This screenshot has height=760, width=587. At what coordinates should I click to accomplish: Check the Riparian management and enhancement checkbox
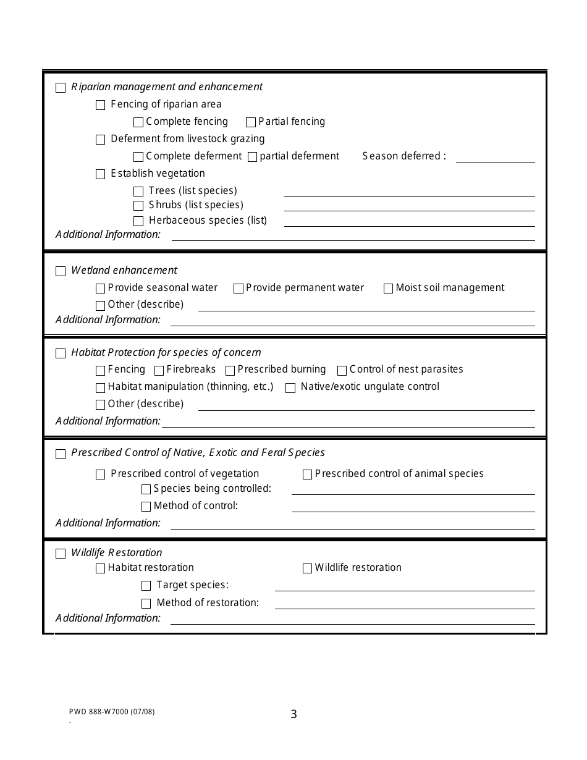pos(61,88)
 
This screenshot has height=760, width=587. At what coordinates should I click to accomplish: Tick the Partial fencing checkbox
pos(251,122)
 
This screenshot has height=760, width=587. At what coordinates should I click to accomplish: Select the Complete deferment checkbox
pos(138,157)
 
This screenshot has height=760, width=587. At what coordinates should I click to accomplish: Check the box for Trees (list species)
pos(138,192)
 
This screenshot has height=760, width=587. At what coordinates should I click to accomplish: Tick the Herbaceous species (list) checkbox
pos(138,221)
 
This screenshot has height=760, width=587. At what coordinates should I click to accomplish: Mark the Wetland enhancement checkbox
pos(61,271)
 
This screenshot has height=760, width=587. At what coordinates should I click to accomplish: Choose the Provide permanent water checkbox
pos(239,289)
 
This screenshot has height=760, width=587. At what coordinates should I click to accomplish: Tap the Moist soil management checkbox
pos(388,289)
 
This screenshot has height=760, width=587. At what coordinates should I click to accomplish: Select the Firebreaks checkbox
pos(159,371)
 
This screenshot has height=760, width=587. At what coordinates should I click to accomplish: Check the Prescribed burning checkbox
pos(230,371)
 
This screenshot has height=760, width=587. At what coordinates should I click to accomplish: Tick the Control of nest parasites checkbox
pos(342,371)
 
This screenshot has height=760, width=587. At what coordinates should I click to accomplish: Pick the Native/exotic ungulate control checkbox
pos(290,388)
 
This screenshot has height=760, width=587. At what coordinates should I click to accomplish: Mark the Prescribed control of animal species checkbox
pos(307,475)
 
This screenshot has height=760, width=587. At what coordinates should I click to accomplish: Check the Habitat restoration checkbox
pos(100,568)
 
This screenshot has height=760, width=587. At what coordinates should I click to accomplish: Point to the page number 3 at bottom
pos(293,714)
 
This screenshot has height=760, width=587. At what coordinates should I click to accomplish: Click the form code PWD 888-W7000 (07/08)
pos(112,711)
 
